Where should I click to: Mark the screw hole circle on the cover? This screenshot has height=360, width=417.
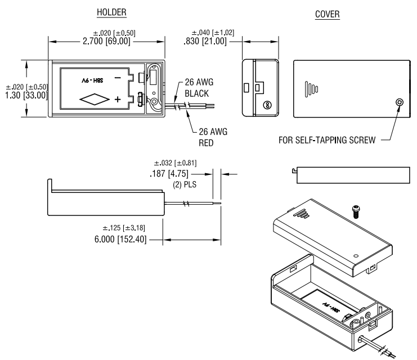[x=400, y=102]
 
